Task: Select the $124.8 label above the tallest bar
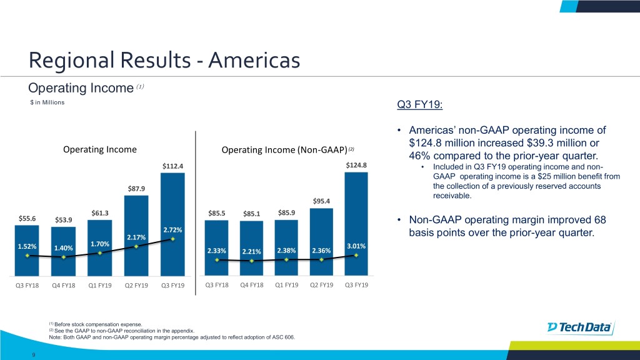356,166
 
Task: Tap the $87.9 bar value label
136,189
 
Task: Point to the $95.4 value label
321,201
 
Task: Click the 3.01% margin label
356,246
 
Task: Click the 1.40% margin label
64,248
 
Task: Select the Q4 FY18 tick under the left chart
64,286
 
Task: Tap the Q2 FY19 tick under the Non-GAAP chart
321,286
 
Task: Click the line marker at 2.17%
136,246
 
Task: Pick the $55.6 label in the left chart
27,218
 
